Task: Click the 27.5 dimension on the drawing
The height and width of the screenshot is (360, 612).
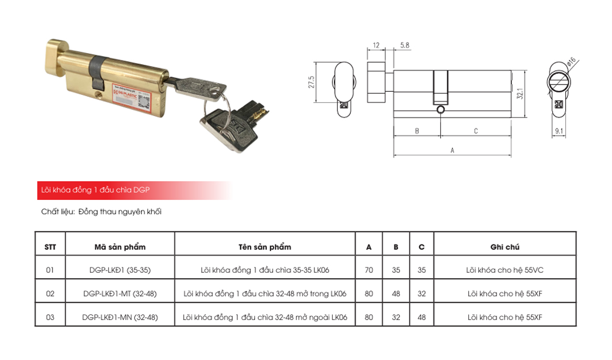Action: click(311, 84)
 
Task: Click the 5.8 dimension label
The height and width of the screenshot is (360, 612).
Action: click(405, 46)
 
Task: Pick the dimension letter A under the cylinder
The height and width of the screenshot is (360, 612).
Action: click(452, 151)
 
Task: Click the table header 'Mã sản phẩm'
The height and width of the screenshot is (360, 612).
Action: click(120, 247)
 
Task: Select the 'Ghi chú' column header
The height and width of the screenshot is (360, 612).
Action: click(504, 247)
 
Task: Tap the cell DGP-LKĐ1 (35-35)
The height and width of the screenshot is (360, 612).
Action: click(120, 270)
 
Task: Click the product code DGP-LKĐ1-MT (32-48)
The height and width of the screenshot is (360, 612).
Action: click(120, 294)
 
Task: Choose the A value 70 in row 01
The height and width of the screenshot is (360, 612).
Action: click(369, 270)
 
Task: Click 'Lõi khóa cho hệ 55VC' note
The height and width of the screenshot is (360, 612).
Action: click(504, 270)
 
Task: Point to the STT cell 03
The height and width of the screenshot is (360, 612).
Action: click(50, 317)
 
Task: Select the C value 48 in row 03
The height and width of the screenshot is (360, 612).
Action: click(421, 317)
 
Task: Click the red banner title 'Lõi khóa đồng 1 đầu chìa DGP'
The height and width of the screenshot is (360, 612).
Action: click(96, 190)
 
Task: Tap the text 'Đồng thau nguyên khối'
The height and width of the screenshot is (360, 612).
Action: click(120, 212)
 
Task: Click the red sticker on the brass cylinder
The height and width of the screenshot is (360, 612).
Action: click(131, 100)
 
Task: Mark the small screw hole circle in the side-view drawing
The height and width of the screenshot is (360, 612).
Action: click(440, 109)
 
